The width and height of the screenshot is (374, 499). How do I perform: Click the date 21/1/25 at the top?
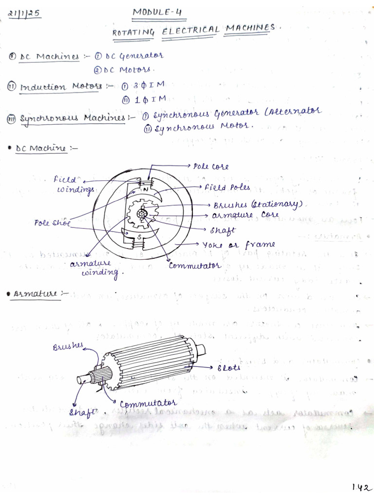click(24, 14)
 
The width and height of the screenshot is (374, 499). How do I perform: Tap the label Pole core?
click(211, 167)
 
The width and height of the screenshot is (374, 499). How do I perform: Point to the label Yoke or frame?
click(239, 244)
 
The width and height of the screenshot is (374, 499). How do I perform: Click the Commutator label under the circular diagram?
click(195, 266)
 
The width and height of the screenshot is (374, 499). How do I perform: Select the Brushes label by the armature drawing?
click(68, 347)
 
